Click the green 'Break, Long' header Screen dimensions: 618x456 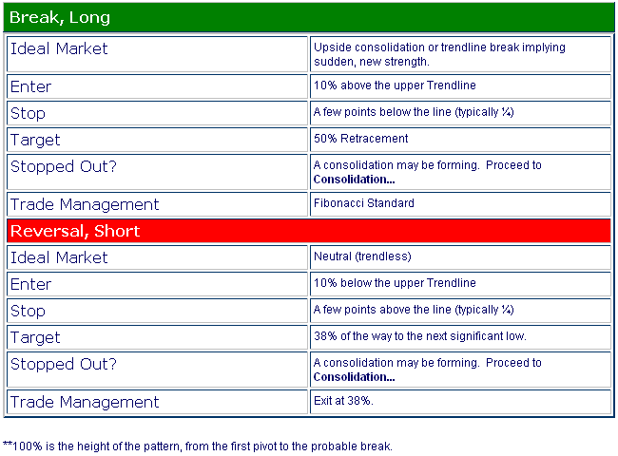pyautogui.click(x=309, y=17)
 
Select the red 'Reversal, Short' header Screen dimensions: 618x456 pyautogui.click(x=309, y=231)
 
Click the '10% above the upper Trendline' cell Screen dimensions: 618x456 pyautogui.click(x=460, y=86)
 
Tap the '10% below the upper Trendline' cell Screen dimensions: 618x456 pyautogui.click(x=460, y=284)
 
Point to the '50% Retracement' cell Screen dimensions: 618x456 pyautogui.click(x=460, y=140)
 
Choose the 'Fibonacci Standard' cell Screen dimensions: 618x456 pyautogui.click(x=460, y=204)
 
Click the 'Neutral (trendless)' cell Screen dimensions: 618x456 pyautogui.click(x=460, y=257)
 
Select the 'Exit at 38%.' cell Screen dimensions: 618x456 pyautogui.click(x=460, y=402)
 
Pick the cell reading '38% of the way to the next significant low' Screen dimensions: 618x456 pyautogui.click(x=460, y=337)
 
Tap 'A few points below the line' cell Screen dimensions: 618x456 pyautogui.click(x=460, y=113)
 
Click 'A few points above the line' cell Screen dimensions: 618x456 pyautogui.click(x=460, y=311)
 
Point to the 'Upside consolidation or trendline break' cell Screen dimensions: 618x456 pyautogui.click(x=460, y=54)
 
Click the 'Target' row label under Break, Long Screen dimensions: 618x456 pyautogui.click(x=35, y=141)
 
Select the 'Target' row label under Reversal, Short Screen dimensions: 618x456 pyautogui.click(x=35, y=338)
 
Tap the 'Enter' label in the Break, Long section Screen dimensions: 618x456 pyautogui.click(x=30, y=86)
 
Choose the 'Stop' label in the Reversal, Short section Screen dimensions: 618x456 pyautogui.click(x=28, y=311)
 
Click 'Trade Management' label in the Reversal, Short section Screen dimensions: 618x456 pyautogui.click(x=85, y=402)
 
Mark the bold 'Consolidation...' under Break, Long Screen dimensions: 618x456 pyautogui.click(x=354, y=180)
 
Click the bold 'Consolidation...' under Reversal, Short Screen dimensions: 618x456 pyautogui.click(x=354, y=377)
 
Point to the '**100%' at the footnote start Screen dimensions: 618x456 pyautogui.click(x=23, y=446)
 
